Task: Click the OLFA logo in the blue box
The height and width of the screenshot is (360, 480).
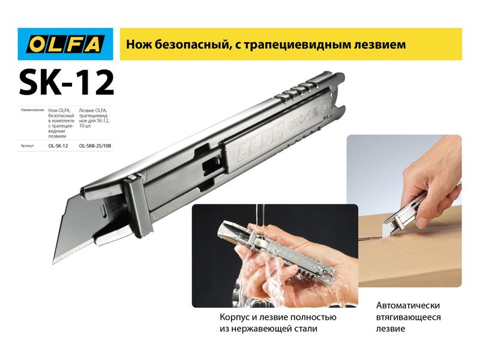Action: [65, 44]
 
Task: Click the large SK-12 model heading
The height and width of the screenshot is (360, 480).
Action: [67, 83]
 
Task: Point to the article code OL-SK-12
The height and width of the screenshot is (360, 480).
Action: [58, 146]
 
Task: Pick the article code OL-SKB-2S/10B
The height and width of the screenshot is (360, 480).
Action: [95, 146]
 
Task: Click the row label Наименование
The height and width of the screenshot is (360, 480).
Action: [32, 110]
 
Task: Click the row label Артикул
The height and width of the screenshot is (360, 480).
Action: [27, 146]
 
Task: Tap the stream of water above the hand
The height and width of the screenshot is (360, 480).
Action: [260, 215]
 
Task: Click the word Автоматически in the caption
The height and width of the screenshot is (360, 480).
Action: [408, 305]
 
